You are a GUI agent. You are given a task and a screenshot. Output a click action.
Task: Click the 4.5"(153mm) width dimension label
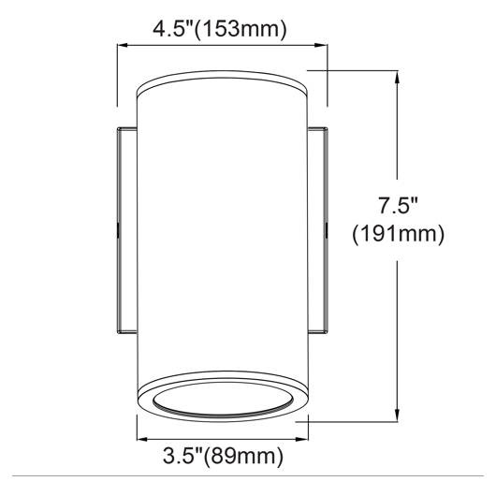click(220, 29)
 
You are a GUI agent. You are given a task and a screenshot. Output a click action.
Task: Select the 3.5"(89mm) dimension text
click(223, 456)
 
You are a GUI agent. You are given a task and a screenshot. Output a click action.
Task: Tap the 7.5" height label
click(398, 205)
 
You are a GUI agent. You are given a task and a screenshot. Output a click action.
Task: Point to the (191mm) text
click(399, 234)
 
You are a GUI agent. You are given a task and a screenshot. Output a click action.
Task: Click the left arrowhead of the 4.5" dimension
click(123, 45)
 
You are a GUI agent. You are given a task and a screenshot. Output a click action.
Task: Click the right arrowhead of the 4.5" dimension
click(322, 45)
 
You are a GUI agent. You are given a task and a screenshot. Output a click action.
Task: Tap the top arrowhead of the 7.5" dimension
click(398, 76)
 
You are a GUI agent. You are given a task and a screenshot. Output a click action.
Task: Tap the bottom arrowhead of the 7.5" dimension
click(398, 416)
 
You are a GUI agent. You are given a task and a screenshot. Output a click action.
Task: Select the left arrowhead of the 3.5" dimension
click(141, 439)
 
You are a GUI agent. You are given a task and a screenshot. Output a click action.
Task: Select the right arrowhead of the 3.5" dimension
click(303, 439)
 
